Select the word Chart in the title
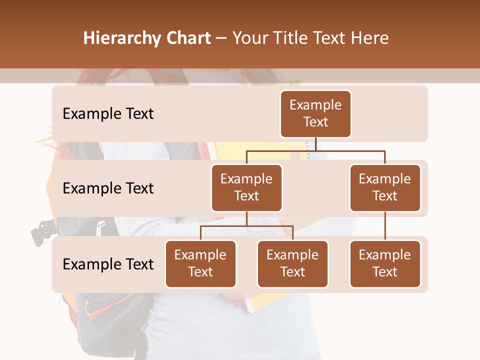point(186,38)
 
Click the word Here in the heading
point(370,38)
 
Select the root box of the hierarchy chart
point(315,113)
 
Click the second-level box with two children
point(246,187)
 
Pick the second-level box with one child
point(385,187)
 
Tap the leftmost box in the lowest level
point(200,263)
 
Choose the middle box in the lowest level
point(292,263)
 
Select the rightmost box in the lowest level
point(385,263)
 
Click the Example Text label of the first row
point(108,113)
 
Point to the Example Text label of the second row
point(108,188)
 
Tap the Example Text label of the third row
point(108,264)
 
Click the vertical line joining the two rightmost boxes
point(385,226)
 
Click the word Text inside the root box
point(315,122)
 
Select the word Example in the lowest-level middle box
point(292,255)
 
